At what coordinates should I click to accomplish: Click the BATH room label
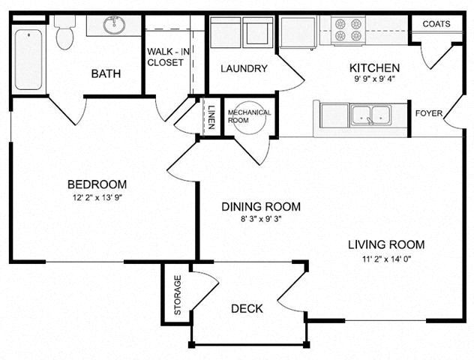tap(106, 73)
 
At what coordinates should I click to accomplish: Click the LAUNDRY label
tap(244, 69)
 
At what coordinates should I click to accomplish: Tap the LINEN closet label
tap(211, 117)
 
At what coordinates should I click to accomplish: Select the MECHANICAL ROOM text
tap(249, 117)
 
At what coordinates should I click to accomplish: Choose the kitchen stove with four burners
tap(347, 30)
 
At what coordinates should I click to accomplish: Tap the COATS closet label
tap(436, 24)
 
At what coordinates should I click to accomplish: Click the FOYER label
tap(429, 114)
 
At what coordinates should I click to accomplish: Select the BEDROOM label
tap(97, 184)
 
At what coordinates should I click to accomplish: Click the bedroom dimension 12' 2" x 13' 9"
tap(97, 198)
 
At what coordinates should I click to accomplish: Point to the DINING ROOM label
tap(261, 206)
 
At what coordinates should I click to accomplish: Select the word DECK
tap(246, 308)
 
